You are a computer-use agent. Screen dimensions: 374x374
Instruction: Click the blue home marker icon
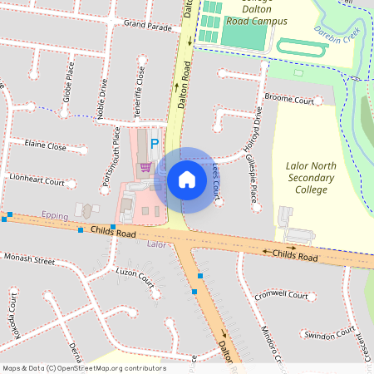(x=187, y=179)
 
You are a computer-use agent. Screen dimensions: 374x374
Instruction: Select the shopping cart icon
(x=145, y=167)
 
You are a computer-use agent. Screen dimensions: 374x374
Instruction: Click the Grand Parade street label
(x=147, y=26)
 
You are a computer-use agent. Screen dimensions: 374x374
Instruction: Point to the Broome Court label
(x=289, y=100)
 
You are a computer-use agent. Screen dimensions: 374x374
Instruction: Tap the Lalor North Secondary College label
(x=310, y=177)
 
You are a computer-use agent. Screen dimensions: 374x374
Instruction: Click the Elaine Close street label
(x=46, y=146)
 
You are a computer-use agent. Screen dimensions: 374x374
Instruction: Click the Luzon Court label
(x=135, y=275)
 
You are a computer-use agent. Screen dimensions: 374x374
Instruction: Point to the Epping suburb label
(x=55, y=214)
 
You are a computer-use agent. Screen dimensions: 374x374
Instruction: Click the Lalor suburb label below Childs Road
(x=156, y=245)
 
